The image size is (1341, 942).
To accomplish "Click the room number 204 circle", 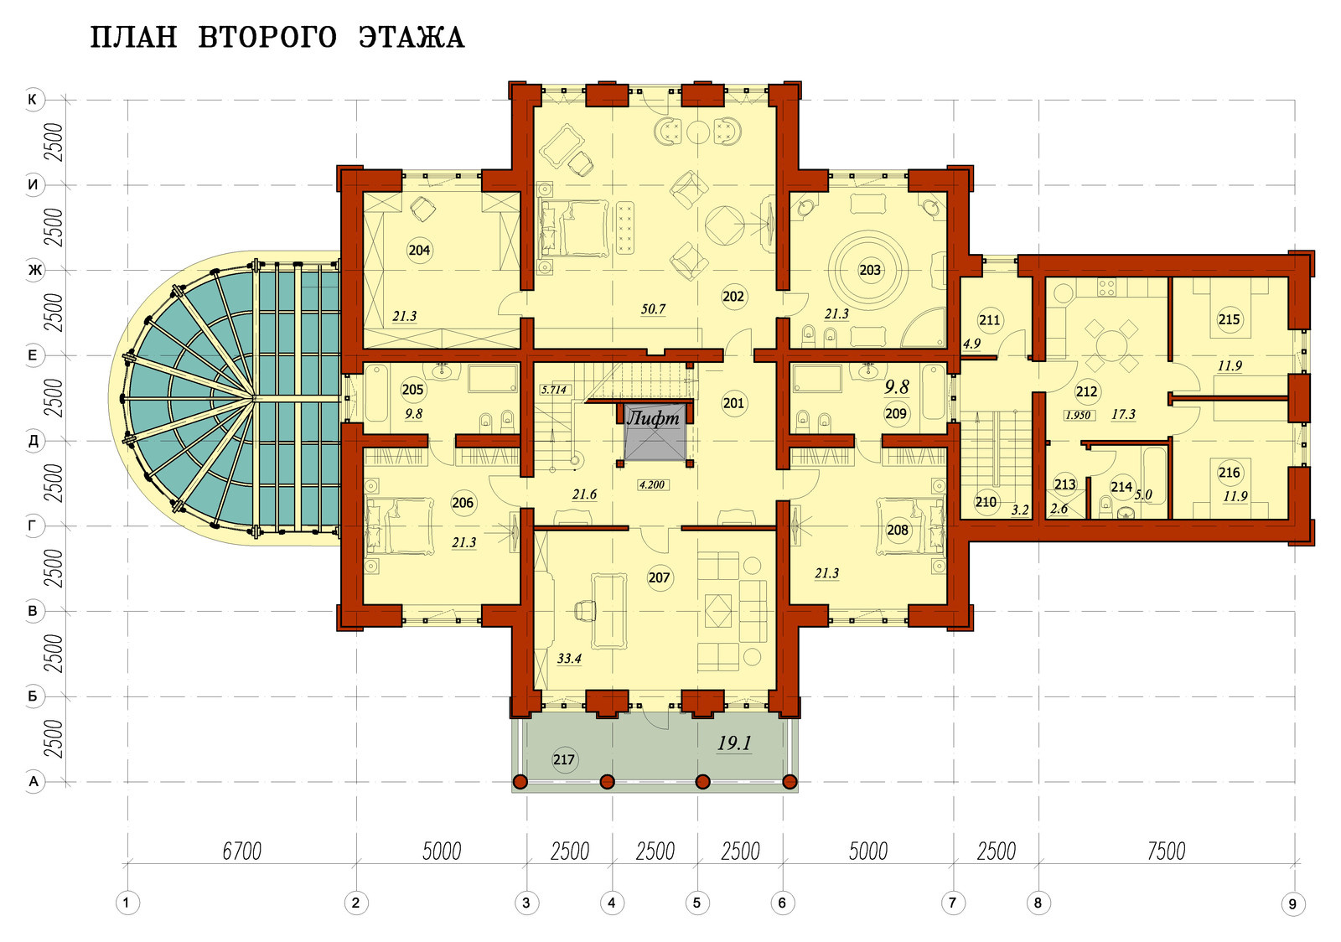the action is (x=419, y=250).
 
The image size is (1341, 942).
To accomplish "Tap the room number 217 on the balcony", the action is (x=564, y=759).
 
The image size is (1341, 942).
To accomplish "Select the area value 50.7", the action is (x=653, y=309).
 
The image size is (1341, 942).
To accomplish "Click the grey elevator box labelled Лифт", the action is (x=655, y=432).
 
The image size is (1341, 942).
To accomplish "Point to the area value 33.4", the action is (x=569, y=659).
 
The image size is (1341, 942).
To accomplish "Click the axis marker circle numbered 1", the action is (x=127, y=903).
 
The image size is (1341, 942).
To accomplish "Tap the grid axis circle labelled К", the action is (x=34, y=100).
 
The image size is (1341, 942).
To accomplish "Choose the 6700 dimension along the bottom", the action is (x=242, y=851).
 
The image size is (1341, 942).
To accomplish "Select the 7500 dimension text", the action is (x=1166, y=851).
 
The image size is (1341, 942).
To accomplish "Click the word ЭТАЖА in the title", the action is (x=412, y=37).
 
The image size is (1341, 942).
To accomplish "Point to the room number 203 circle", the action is (x=870, y=270).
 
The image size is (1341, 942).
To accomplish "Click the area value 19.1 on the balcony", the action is (x=734, y=743).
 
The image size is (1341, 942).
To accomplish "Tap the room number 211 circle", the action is (x=989, y=320).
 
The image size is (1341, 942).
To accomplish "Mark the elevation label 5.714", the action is (x=553, y=390).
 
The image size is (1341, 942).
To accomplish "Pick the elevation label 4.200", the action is (x=652, y=484).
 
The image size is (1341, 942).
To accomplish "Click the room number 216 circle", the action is (x=1229, y=473).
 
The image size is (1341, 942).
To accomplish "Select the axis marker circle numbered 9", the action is (x=1292, y=903).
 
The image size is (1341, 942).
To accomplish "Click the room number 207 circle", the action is (x=659, y=577).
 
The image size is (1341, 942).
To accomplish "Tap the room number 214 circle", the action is (x=1121, y=487).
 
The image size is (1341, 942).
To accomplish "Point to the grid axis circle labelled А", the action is (x=34, y=782).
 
